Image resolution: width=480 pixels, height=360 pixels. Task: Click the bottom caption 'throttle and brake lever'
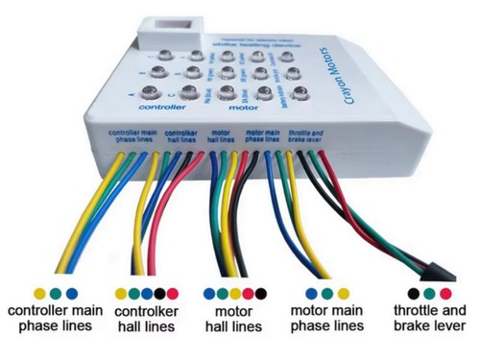(429, 320)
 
